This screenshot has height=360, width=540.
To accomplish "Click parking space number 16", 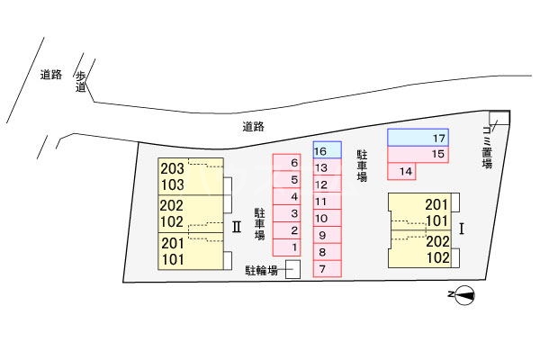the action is click(328, 150).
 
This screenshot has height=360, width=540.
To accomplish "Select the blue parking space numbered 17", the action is click(418, 138).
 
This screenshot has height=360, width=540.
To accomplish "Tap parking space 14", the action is click(401, 171).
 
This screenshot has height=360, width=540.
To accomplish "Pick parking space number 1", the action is click(286, 247).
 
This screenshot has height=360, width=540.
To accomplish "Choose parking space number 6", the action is click(286, 163).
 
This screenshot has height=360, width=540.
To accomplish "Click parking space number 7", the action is click(328, 269).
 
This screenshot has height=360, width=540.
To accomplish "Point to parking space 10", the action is click(328, 218).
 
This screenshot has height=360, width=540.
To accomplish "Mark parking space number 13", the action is click(328, 166).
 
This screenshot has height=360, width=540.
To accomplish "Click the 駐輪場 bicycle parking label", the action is click(261, 270).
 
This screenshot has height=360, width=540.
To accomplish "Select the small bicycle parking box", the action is click(293, 269).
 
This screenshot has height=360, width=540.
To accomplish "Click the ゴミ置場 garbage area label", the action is click(487, 148).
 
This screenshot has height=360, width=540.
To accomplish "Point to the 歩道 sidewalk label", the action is click(80, 82).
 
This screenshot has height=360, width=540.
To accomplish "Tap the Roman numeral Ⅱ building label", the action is click(236, 228).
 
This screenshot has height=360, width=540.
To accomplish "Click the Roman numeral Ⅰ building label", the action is click(462, 229).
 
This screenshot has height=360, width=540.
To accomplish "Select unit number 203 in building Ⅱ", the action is click(172, 169).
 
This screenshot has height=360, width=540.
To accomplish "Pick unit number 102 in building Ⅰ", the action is click(438, 257).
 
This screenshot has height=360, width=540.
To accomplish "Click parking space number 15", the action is click(418, 154).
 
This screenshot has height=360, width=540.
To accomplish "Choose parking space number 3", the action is click(286, 213).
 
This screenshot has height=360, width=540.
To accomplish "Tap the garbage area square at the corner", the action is click(499, 118).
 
